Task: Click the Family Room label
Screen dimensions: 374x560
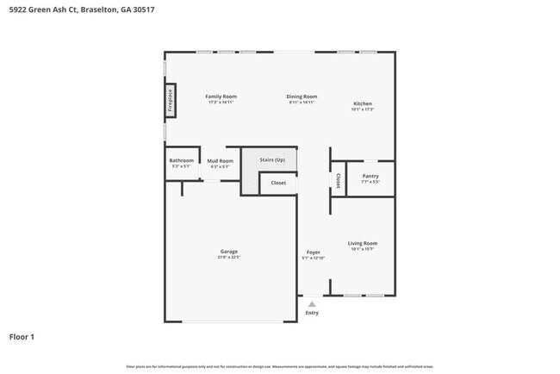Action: (221, 97)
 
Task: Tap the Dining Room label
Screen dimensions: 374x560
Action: (302, 97)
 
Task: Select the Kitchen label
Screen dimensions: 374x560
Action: (362, 103)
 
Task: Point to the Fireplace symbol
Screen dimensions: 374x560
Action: (171, 100)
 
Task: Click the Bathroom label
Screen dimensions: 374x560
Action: (181, 160)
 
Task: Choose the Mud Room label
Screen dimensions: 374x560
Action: (220, 161)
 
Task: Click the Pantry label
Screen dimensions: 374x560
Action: (370, 176)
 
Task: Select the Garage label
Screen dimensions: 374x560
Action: (228, 252)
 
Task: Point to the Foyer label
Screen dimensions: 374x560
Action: (313, 252)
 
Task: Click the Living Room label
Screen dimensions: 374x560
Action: (363, 243)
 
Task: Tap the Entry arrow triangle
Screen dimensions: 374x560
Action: (312, 304)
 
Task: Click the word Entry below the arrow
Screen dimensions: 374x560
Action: (312, 313)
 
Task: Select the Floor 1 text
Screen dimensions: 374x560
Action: (22, 336)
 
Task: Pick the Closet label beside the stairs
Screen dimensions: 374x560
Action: (278, 183)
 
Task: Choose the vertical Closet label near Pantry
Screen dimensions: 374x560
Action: (339, 180)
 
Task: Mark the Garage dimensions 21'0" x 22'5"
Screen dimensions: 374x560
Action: (228, 258)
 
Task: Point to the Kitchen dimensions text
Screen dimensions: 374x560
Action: (362, 109)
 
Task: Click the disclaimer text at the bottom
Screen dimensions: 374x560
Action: (280, 366)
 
